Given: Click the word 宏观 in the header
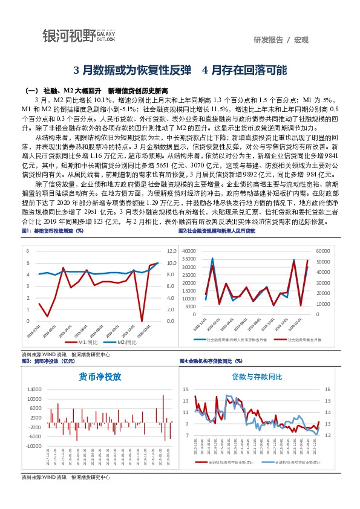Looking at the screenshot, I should coord(301,40).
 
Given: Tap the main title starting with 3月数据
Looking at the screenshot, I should coord(180,69).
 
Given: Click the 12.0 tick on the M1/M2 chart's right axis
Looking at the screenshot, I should coord(171,250).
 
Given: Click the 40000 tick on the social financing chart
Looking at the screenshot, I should coord(188,250).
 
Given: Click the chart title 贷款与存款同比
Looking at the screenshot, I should coord(257,376).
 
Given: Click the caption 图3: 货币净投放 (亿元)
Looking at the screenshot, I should coord(48,361).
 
